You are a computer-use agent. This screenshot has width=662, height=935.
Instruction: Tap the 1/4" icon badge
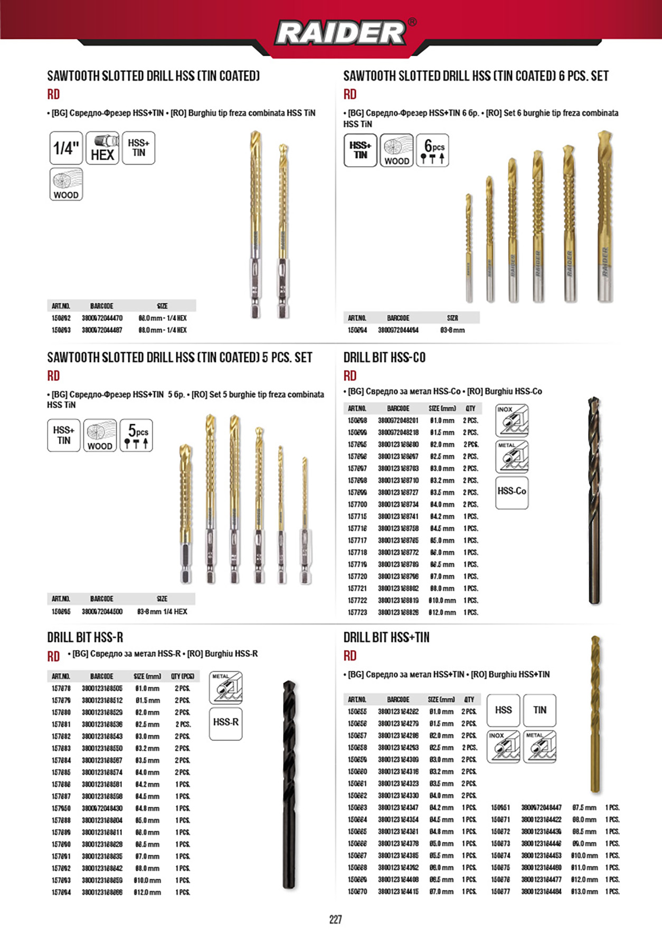[66, 148]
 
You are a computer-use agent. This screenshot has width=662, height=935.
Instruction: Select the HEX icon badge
[102, 148]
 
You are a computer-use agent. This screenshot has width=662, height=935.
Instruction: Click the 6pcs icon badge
[432, 150]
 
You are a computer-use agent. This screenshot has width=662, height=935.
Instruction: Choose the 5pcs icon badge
[136, 435]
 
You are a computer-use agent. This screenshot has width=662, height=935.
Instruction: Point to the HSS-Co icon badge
[512, 492]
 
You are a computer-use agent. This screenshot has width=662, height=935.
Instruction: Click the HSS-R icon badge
[225, 723]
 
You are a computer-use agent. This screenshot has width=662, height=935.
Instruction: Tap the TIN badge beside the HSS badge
[540, 710]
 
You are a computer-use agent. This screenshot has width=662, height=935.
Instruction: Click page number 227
[336, 920]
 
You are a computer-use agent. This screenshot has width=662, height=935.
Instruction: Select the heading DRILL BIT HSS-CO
[384, 358]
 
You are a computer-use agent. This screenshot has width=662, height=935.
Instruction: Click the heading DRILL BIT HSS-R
[85, 637]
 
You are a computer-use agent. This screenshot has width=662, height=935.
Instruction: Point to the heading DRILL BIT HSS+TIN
[386, 637]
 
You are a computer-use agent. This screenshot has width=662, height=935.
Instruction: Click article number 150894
[357, 330]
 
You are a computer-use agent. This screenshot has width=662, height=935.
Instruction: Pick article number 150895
[61, 612]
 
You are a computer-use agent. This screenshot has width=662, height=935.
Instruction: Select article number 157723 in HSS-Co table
[357, 613]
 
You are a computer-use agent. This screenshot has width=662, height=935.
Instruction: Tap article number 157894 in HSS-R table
[61, 892]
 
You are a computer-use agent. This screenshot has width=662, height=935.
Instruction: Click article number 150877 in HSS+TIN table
[500, 892]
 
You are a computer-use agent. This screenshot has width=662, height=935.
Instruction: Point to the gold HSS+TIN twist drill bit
[595, 715]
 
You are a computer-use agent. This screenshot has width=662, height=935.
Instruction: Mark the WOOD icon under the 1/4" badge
[66, 184]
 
